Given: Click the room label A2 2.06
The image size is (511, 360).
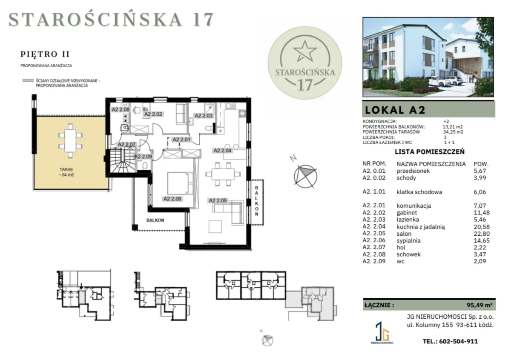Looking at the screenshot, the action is pos(172,199).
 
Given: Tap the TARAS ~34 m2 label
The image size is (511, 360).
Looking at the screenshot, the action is pos(66,172).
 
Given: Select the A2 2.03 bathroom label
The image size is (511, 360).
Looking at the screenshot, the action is pos(203,116).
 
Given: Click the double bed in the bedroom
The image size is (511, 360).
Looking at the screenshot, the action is pos(180,183).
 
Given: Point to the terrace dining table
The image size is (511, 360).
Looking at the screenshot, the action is pos(70,141).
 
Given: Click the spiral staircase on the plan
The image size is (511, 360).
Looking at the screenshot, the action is pos(123,160).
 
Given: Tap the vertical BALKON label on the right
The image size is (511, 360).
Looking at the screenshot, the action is pos(257,201).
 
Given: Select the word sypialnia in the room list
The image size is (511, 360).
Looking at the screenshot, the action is pos(408,240).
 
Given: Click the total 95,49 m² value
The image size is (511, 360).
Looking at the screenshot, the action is pos(479,305).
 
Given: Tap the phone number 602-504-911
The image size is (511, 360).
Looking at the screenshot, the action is pos(458,341).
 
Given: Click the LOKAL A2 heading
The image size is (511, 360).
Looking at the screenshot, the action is pos(395,110).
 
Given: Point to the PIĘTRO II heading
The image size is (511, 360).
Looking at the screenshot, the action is pos(45,54).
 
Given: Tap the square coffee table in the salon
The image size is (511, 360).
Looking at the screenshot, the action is pos(215,226).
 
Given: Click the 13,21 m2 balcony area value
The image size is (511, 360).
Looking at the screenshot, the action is pos(453,127).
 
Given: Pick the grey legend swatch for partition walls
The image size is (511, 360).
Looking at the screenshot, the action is pos(28,80).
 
